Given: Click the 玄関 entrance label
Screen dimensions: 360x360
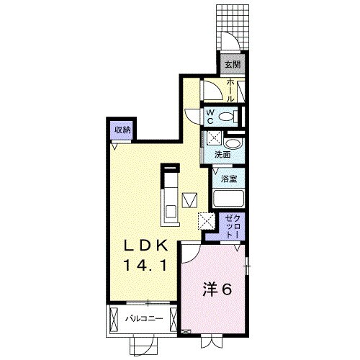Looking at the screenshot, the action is [233, 64].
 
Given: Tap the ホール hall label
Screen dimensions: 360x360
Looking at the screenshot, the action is [230, 90].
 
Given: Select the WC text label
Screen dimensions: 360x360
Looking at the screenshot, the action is [210, 117].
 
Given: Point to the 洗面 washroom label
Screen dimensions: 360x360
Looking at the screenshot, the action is [222, 155].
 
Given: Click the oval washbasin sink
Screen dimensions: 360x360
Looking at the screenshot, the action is [233, 144].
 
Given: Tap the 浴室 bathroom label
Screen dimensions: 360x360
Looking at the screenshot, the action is [229, 179].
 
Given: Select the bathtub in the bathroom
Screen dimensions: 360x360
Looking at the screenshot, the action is [228, 198].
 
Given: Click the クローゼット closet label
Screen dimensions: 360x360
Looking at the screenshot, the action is [232, 226].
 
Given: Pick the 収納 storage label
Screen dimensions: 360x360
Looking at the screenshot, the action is [122, 130].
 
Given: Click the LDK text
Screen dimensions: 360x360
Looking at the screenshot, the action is [145, 246].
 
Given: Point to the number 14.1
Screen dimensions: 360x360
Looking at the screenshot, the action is [145, 266].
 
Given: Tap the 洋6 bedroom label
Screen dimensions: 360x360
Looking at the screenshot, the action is [217, 289].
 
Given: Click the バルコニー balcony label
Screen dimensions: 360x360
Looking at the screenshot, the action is [145, 319].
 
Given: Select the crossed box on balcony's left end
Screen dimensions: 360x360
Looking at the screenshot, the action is [114, 319].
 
